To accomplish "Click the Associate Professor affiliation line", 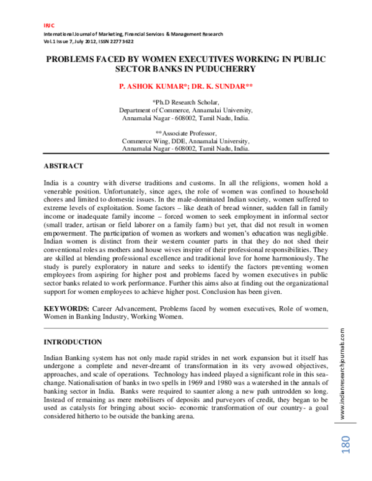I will click(x=186, y=133).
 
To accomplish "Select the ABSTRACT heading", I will click(x=64, y=166).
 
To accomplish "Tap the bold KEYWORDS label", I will click(x=66, y=308).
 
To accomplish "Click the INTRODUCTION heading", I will click(x=73, y=342).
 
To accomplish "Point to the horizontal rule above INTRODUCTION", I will click(x=186, y=328).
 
